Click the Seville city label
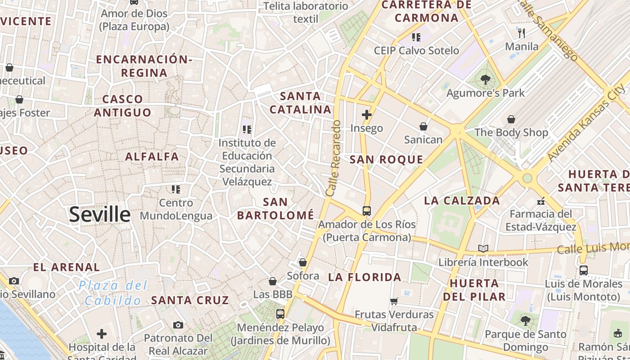click(x=99, y=215)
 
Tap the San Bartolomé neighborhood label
click(x=275, y=209)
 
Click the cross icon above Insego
click(x=367, y=115)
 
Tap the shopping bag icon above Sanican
click(x=423, y=126)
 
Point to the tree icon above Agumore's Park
click(x=485, y=80)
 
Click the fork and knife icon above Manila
click(x=522, y=33)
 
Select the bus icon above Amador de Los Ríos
click(x=367, y=211)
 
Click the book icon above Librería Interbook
click(x=483, y=248)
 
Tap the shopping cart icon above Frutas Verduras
click(x=394, y=301)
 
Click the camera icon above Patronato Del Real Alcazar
click(x=178, y=325)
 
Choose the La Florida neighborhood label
click(x=364, y=277)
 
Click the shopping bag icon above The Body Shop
click(x=511, y=119)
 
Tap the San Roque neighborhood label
click(x=387, y=159)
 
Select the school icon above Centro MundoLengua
click(x=175, y=189)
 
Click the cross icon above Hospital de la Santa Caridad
click(x=102, y=334)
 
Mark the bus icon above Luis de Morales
click(x=583, y=270)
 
